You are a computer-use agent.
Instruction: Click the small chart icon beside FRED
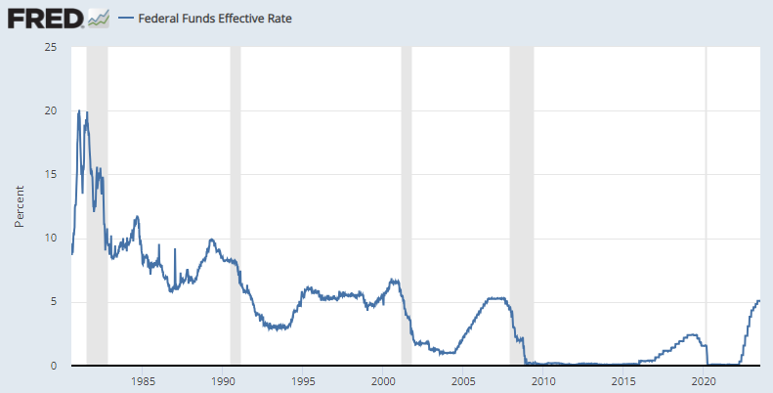pyautogui.click(x=98, y=18)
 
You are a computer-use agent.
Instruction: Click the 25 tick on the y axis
pyautogui.click(x=50, y=47)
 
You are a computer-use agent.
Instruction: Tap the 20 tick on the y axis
pyautogui.click(x=50, y=110)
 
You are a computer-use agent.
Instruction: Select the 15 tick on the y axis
pyautogui.click(x=50, y=174)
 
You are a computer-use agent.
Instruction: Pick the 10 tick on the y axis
pyautogui.click(x=50, y=238)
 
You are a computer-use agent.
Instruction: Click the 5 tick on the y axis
pyautogui.click(x=54, y=301)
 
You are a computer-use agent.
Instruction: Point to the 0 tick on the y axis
pyautogui.click(x=54, y=366)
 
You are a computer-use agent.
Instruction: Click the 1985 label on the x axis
pyautogui.click(x=142, y=380)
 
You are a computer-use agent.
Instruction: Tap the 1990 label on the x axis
pyautogui.click(x=223, y=380)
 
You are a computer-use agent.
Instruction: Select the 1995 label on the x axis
pyautogui.click(x=303, y=380)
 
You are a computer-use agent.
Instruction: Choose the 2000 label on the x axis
pyautogui.click(x=383, y=380)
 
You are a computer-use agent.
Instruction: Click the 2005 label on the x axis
pyautogui.click(x=463, y=380)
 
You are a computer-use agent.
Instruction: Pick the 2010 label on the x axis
pyautogui.click(x=543, y=380)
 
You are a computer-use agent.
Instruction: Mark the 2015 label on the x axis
pyautogui.click(x=623, y=380)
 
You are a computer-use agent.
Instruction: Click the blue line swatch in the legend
pyautogui.click(x=125, y=19)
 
